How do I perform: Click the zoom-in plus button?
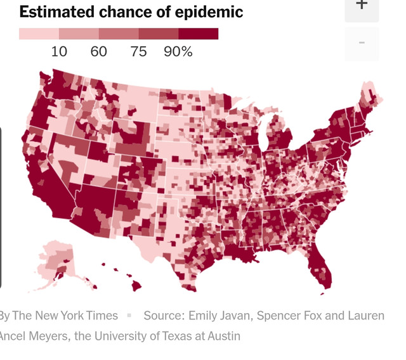click(x=362, y=5)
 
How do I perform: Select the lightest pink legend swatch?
click(x=39, y=34)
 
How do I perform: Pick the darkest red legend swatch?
click(x=199, y=34)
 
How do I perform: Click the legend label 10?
click(x=59, y=52)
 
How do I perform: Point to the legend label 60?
click(x=99, y=52)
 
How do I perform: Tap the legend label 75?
click(x=138, y=52)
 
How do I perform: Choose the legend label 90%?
click(x=178, y=52)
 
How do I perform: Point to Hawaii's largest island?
click(x=136, y=286)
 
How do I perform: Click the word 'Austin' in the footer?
click(x=221, y=336)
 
